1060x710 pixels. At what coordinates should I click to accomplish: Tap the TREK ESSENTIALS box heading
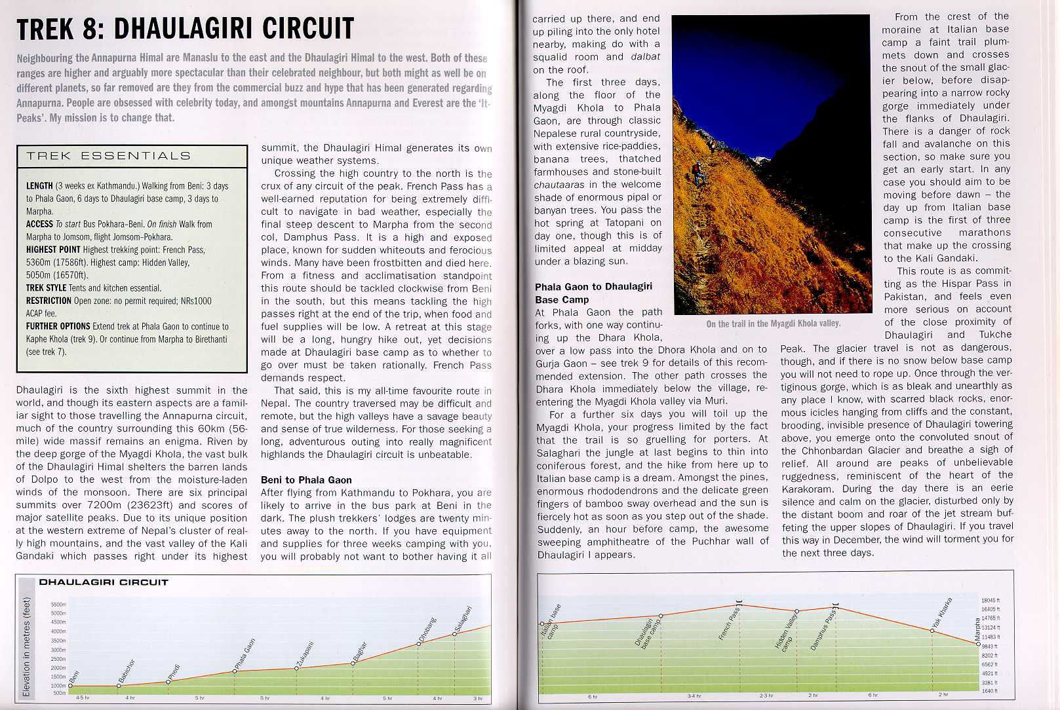coord(108,156)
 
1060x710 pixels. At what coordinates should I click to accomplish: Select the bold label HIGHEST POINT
coord(53,250)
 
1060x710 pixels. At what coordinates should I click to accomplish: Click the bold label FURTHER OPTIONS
coord(58,326)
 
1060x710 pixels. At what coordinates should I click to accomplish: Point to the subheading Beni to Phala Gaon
coord(306,480)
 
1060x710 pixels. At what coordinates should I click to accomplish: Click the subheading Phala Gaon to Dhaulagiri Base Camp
coord(593,293)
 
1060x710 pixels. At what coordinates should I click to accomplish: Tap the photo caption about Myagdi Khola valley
coord(773,324)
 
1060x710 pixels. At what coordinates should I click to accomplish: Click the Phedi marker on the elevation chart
coord(168,681)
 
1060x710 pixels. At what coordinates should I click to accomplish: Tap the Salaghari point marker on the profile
coord(455,633)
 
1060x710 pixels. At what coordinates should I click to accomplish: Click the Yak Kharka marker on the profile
coord(932,630)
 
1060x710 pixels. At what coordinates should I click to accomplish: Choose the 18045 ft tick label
coord(990,601)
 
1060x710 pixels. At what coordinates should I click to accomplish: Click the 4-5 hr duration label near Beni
coord(83,698)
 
